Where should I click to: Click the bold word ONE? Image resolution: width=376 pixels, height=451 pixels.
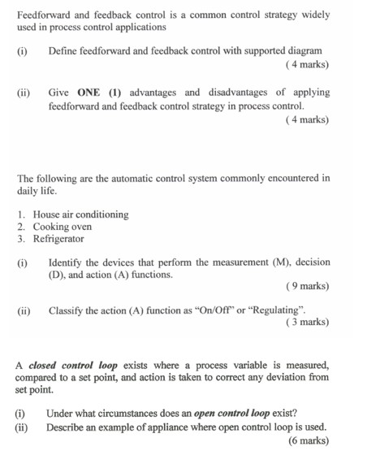pyautogui.click(x=94, y=92)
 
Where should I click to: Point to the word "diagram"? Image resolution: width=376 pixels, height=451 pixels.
pyautogui.click(x=303, y=51)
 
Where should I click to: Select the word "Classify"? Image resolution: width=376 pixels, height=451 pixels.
pyautogui.click(x=68, y=310)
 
